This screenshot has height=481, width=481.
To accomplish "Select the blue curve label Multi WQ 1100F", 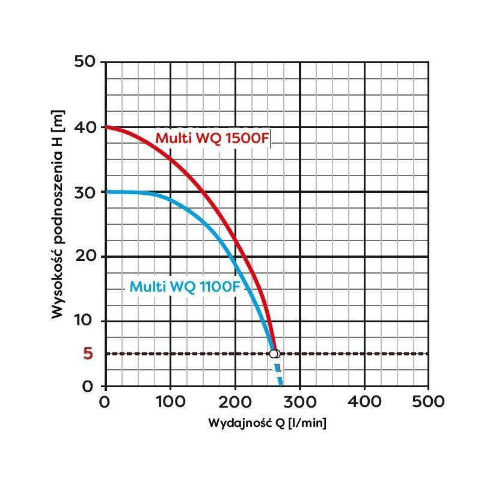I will [185, 287].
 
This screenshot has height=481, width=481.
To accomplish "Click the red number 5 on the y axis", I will [88, 354].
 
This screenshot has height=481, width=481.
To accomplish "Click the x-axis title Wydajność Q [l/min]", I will [267, 424].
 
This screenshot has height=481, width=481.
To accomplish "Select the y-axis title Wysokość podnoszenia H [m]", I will [58, 214].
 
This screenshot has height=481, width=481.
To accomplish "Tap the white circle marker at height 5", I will [274, 354].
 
